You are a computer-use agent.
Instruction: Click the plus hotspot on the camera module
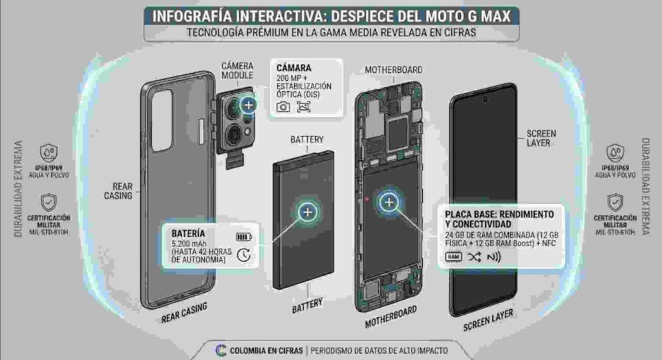point(249,105)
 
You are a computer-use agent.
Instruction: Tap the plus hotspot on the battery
point(308,212)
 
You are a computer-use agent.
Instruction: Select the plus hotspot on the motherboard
point(389,202)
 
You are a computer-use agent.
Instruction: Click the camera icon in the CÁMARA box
point(283,107)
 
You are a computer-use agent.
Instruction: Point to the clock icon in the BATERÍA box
point(244,255)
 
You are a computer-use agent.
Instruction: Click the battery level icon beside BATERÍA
point(244,237)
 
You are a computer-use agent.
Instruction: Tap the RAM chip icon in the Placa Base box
point(453,257)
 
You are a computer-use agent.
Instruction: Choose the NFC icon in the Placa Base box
point(494,257)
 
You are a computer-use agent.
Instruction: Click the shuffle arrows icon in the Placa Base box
point(474,257)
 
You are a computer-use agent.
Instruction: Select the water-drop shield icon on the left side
point(49,153)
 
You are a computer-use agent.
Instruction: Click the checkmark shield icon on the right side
point(615,203)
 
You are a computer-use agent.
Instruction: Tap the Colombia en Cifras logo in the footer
point(221,350)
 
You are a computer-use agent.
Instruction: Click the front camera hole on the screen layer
point(485,99)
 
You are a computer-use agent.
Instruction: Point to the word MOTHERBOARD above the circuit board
point(394,70)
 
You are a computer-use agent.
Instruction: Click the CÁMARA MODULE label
point(237,70)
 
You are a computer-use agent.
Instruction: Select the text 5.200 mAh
point(189,244)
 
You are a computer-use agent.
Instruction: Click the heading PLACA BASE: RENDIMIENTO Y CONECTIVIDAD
point(500,219)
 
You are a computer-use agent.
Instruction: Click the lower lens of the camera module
point(233,135)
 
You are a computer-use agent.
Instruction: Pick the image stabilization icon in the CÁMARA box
point(304,107)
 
